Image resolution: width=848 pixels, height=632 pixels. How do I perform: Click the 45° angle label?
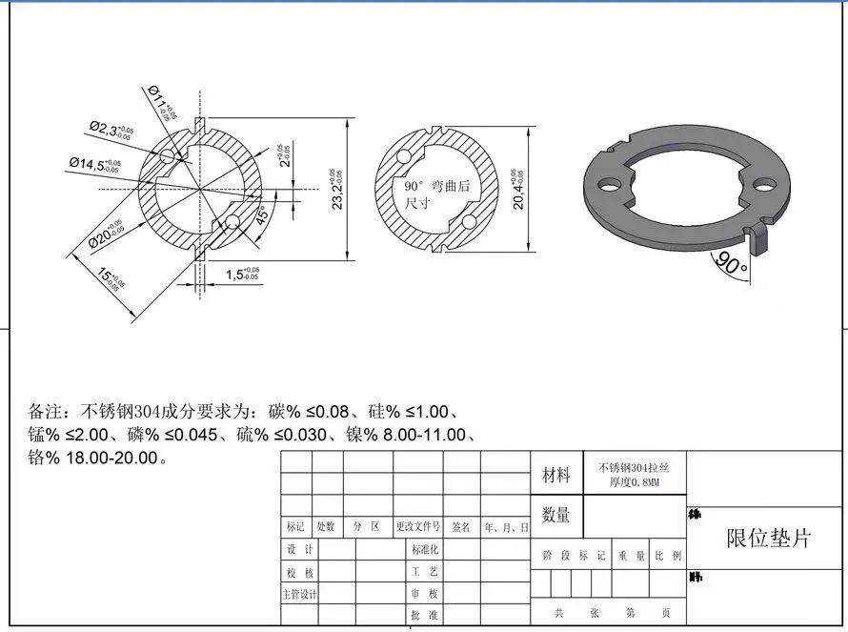[x=261, y=214]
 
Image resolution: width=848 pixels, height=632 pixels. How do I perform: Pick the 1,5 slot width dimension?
[x=242, y=275]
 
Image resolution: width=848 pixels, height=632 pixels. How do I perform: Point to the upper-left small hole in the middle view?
[x=405, y=155]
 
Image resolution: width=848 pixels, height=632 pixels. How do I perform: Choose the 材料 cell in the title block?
[x=555, y=474]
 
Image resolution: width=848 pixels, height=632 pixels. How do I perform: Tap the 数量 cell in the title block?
[x=555, y=515]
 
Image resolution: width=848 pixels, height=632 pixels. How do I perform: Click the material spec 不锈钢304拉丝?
[x=634, y=467]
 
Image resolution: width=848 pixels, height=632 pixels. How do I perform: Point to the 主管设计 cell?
[x=299, y=594]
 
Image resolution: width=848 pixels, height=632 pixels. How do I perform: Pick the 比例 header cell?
[x=668, y=555]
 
